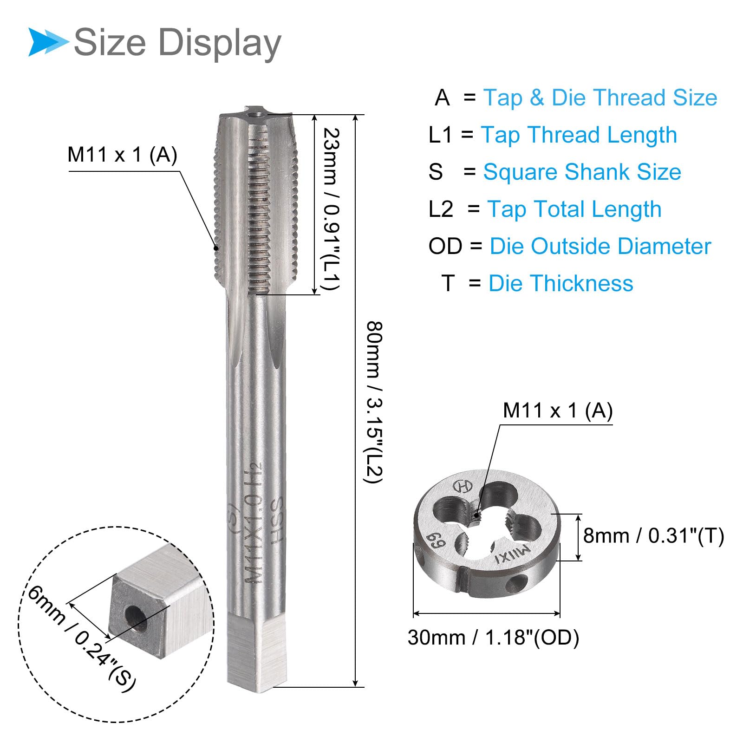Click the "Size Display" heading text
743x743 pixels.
pyautogui.click(x=177, y=43)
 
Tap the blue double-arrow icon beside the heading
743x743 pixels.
pyautogui.click(x=48, y=42)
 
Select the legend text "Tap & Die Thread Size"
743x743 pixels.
pyautogui.click(x=600, y=98)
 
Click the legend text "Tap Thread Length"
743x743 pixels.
pyautogui.click(x=579, y=135)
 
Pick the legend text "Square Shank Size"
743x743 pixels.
pyautogui.click(x=582, y=172)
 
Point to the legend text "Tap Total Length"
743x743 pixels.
pyautogui.click(x=574, y=209)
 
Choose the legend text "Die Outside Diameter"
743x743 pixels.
pyautogui.click(x=600, y=246)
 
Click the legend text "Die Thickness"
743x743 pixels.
pyautogui.click(x=561, y=283)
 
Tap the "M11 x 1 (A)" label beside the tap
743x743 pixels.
pyautogui.click(x=123, y=155)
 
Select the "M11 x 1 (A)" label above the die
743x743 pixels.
pyautogui.click(x=558, y=411)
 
